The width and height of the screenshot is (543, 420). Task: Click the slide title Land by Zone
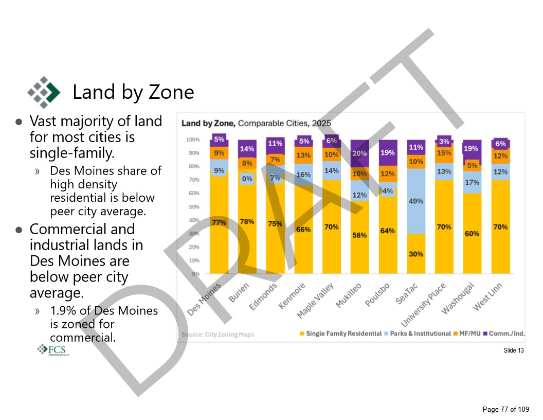(x=133, y=92)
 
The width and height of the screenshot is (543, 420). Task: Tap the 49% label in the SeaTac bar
(x=416, y=201)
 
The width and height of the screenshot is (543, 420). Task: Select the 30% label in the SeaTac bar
(x=416, y=254)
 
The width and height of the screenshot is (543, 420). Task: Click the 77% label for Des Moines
(x=219, y=222)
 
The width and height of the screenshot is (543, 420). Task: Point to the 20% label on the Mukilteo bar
(x=359, y=153)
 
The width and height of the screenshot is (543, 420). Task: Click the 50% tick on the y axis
(x=193, y=207)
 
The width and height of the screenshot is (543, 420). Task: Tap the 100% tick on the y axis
(x=193, y=139)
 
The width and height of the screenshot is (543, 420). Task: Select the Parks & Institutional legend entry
(x=419, y=334)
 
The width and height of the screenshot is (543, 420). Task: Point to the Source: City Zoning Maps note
(x=218, y=335)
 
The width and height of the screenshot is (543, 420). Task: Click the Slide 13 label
(x=514, y=351)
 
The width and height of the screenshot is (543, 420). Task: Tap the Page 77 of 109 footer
(x=505, y=409)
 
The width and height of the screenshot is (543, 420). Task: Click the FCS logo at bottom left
(x=52, y=350)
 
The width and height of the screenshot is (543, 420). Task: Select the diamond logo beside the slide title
(x=43, y=92)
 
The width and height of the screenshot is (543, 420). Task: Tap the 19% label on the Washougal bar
(x=470, y=149)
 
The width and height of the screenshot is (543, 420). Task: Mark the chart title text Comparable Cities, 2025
(x=284, y=124)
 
